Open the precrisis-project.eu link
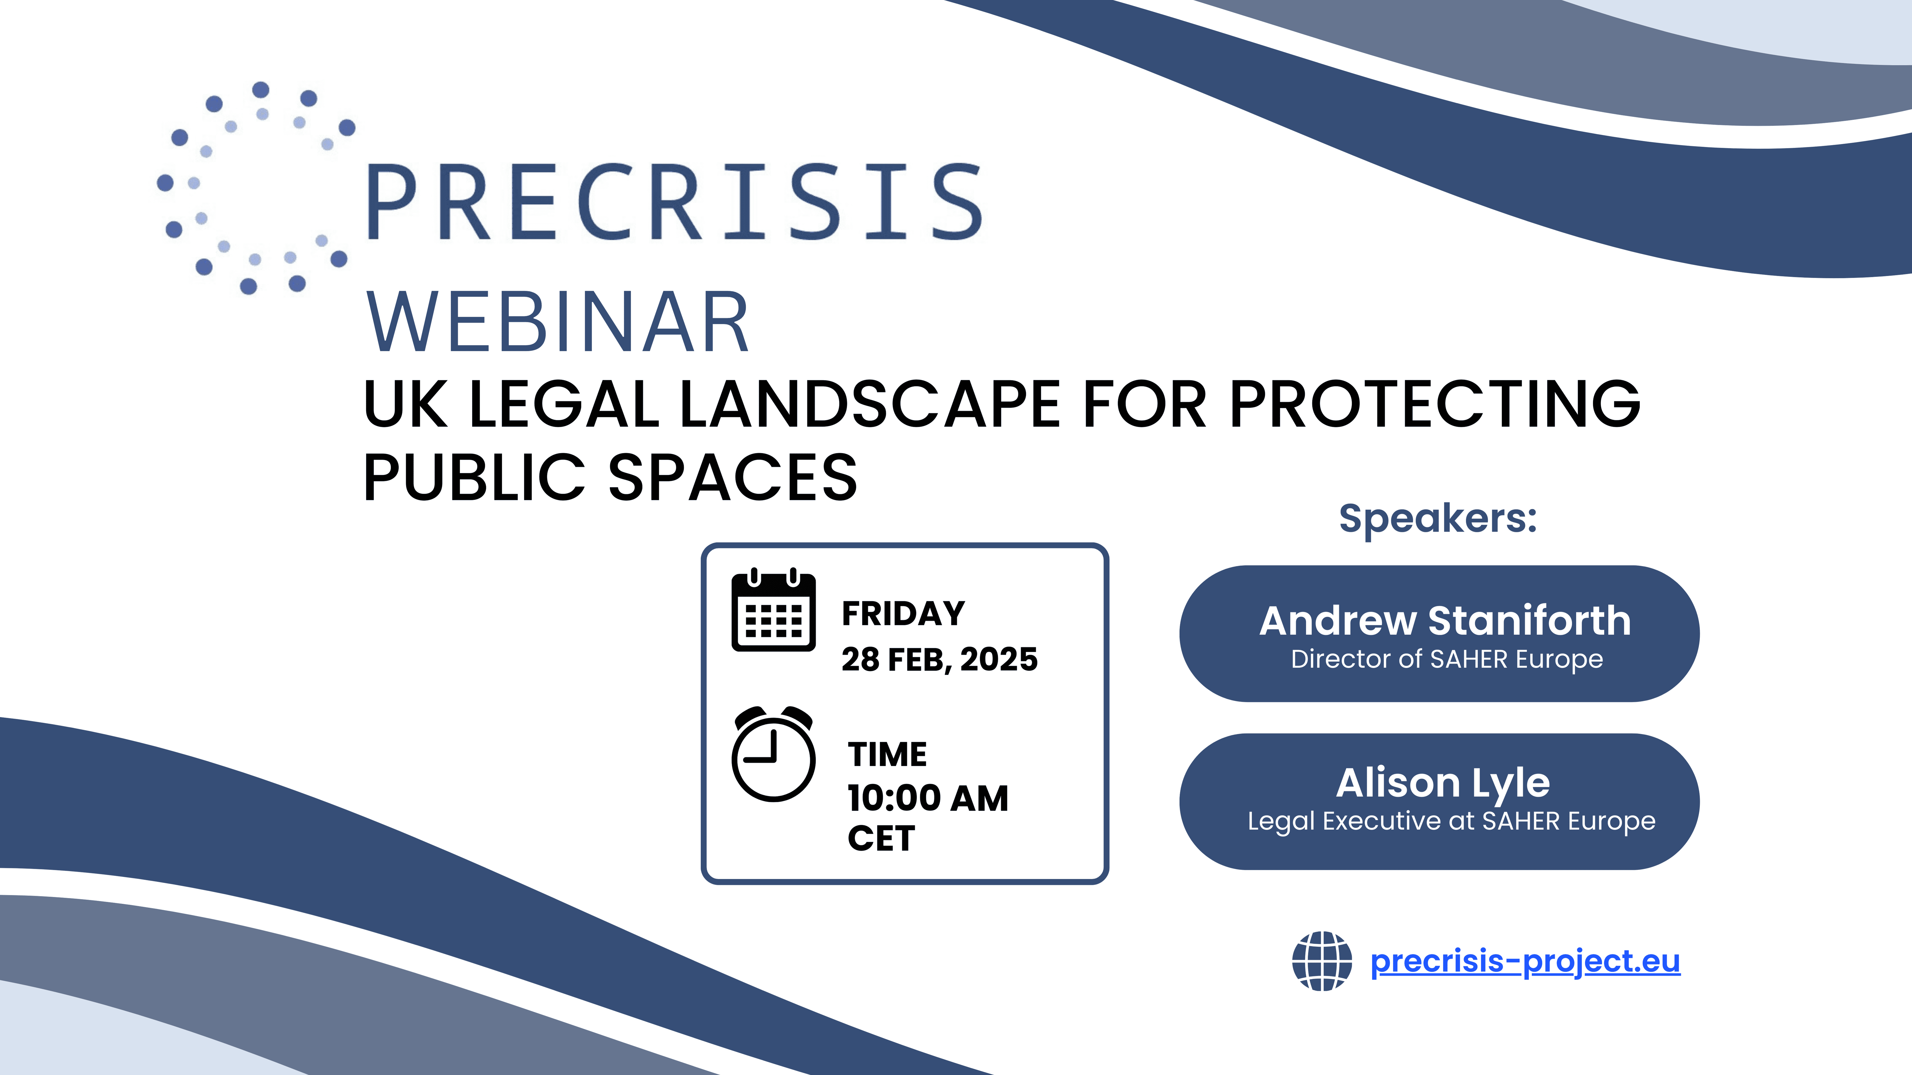(1525, 961)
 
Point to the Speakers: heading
(1438, 519)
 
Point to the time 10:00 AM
(928, 798)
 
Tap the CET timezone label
(881, 838)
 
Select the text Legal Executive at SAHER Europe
(1451, 821)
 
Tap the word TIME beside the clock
(887, 754)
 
